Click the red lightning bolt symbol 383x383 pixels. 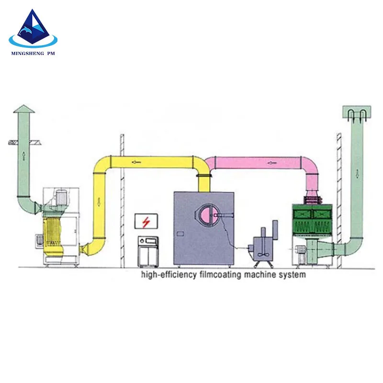click(x=146, y=222)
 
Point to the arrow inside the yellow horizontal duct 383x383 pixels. click(x=136, y=162)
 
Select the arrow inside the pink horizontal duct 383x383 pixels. click(x=272, y=162)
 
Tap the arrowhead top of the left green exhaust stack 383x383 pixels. click(x=23, y=109)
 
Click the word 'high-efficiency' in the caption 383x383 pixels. click(x=169, y=274)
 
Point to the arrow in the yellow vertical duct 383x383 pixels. click(x=99, y=202)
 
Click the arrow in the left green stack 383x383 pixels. click(x=23, y=155)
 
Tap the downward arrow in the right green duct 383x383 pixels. click(x=357, y=174)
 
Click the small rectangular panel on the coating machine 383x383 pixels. click(x=180, y=234)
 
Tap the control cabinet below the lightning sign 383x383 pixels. click(x=148, y=251)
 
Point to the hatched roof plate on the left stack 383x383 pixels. click(x=25, y=142)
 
